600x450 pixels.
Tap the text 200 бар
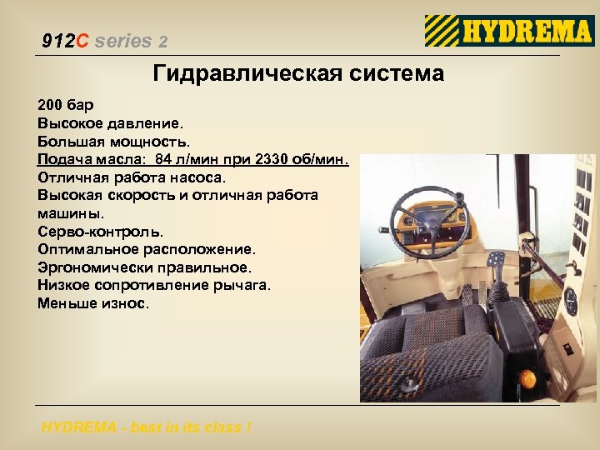(x=66, y=106)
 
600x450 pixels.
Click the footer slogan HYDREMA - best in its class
(x=146, y=428)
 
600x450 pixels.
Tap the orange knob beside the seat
(x=528, y=379)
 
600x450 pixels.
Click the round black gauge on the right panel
(x=571, y=301)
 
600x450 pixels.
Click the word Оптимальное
(x=89, y=249)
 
